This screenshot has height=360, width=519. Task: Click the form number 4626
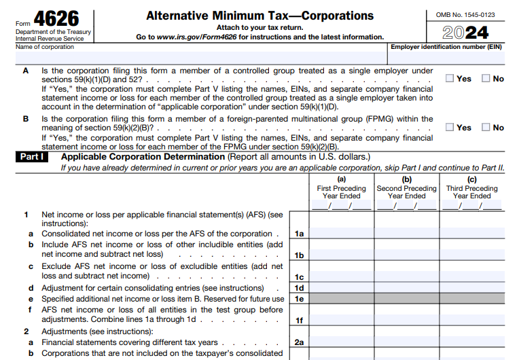pos(57,18)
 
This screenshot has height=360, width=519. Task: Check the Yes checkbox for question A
pos(450,78)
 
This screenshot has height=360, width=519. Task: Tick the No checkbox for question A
pos(485,78)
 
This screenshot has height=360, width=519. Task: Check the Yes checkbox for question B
pos(450,127)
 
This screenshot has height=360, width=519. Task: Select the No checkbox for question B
pos(485,127)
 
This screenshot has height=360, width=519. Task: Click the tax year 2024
pos(465,33)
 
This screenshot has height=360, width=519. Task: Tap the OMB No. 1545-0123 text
pos(465,14)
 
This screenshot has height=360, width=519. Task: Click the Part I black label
pos(32,157)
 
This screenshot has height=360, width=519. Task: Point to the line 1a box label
pos(299,234)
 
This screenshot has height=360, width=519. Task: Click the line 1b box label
pos(299,255)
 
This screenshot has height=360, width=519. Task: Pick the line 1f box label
pos(299,320)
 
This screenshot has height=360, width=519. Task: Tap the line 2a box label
pos(299,342)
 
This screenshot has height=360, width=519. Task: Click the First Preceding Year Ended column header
pos(341,188)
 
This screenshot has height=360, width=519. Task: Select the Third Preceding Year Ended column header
pos(471,188)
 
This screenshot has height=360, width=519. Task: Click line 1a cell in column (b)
pos(406,234)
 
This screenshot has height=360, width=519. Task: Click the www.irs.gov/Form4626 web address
pos(200,37)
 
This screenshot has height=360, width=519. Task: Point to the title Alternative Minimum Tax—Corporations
pos(259,16)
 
